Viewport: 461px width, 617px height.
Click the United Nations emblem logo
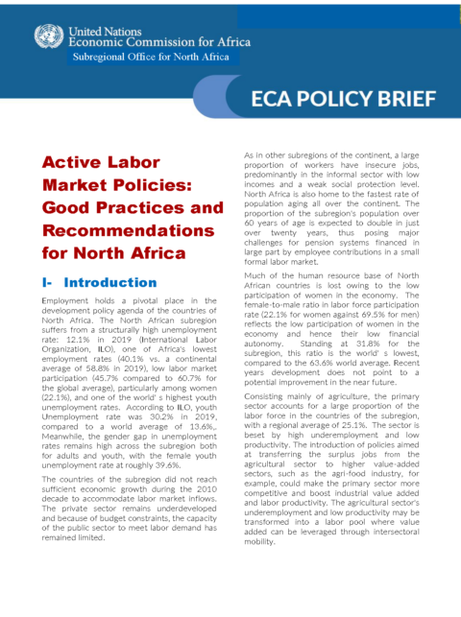click(45, 37)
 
